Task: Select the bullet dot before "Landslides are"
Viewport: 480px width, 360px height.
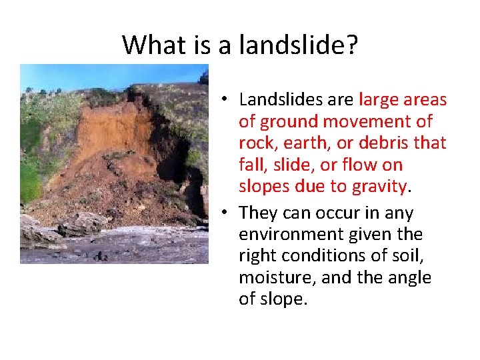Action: coord(227,100)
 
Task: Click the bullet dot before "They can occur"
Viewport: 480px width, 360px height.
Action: coord(227,213)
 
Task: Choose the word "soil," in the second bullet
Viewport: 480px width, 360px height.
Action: coord(411,256)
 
